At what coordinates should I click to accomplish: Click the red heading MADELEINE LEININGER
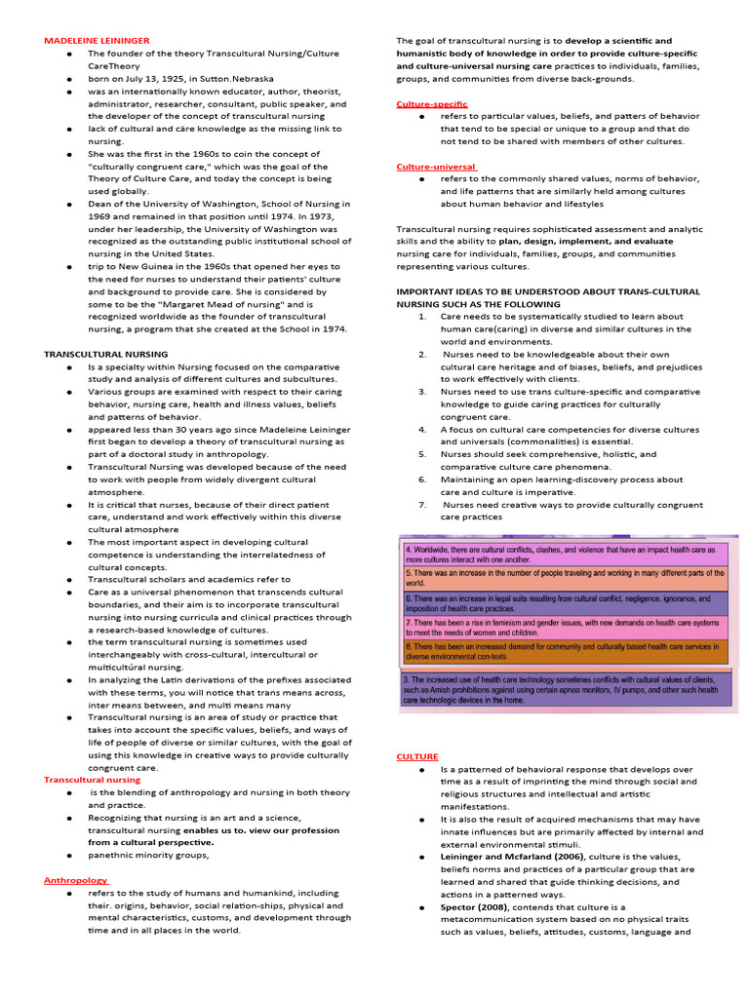pos(97,40)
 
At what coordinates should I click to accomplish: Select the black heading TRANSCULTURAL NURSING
pos(105,354)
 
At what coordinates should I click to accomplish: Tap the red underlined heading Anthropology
pos(76,880)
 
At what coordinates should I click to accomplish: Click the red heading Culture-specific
pos(432,103)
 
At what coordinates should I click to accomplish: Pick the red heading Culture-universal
pos(436,167)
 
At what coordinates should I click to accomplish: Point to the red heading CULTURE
pos(417,756)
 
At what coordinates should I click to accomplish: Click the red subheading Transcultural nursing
pos(92,780)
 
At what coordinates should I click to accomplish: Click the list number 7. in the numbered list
pos(422,505)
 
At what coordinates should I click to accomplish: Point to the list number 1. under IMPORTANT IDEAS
pos(422,317)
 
